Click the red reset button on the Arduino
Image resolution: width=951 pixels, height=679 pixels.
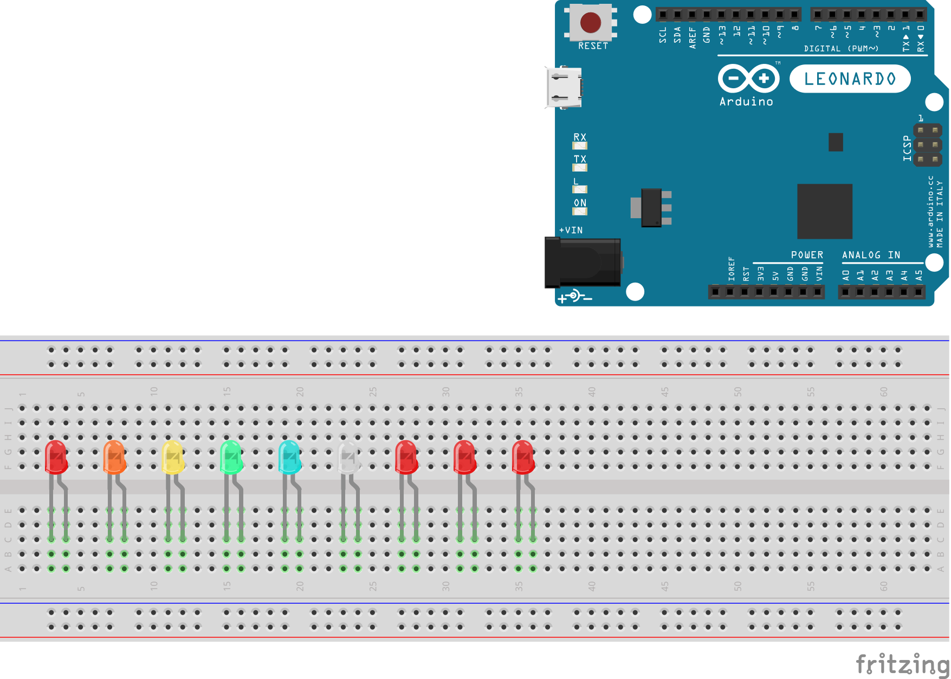coord(590,23)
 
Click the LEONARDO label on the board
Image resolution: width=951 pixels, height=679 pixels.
coord(850,79)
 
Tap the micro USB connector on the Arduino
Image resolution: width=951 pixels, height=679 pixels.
coord(564,88)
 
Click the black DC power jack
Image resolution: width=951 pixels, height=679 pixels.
coord(583,263)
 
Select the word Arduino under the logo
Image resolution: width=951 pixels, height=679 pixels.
coord(746,102)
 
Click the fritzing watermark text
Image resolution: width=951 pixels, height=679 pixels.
coord(902,663)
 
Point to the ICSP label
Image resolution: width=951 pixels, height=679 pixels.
coord(907,148)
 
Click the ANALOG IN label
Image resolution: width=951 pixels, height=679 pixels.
coord(871,255)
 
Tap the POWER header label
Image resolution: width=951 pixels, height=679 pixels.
coord(807,255)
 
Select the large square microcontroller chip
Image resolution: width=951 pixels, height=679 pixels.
coord(824,211)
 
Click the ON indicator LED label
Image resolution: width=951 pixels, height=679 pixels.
coord(580,203)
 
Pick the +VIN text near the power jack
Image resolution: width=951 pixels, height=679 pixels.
coord(571,230)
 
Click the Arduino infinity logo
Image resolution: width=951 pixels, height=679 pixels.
coord(748,79)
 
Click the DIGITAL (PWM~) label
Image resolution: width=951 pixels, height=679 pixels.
coord(841,49)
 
